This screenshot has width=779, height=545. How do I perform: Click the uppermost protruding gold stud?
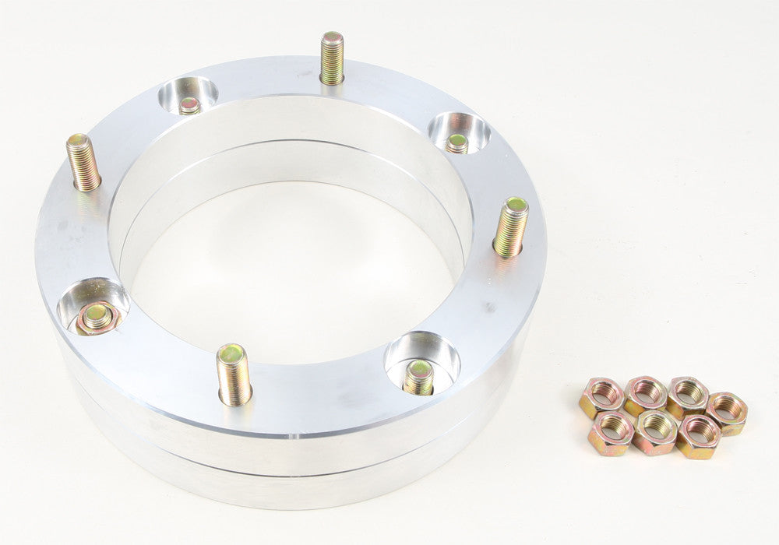332,58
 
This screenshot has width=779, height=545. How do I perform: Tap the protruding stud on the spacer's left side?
83,162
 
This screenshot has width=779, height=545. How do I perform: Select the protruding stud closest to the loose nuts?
511,227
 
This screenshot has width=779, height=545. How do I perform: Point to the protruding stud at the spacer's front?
234,374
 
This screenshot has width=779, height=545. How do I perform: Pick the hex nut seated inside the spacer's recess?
97,317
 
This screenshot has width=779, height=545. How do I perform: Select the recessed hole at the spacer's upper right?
459,132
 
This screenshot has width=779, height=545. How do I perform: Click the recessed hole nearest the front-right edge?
421,363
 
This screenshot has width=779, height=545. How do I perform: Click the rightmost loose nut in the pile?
728,412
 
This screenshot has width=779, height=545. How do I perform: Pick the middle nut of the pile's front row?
655,431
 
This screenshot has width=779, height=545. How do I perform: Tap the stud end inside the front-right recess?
419,377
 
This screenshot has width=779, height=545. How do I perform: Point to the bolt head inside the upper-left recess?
189,105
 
